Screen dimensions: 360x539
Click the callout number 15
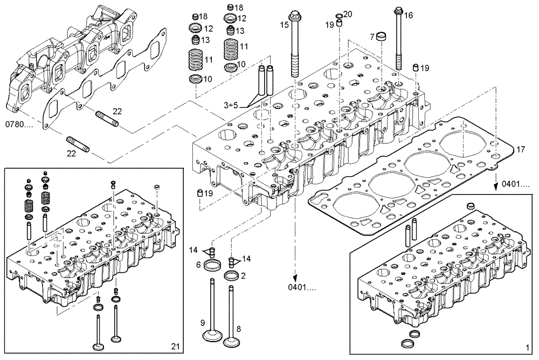[x=284, y=25]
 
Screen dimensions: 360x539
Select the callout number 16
[x=409, y=16]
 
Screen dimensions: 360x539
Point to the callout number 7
[x=371, y=37]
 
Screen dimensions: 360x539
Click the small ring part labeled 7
[x=382, y=37]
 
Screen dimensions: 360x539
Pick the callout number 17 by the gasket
[x=520, y=149]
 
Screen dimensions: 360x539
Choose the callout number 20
[x=348, y=13]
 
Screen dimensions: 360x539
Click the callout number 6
[x=198, y=265]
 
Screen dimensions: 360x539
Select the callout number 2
[x=243, y=275]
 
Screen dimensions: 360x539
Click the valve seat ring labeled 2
[x=231, y=276]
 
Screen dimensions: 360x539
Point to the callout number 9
[x=203, y=323]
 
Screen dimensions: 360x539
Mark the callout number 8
[x=238, y=328]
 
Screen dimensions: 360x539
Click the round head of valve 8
[x=232, y=342]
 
